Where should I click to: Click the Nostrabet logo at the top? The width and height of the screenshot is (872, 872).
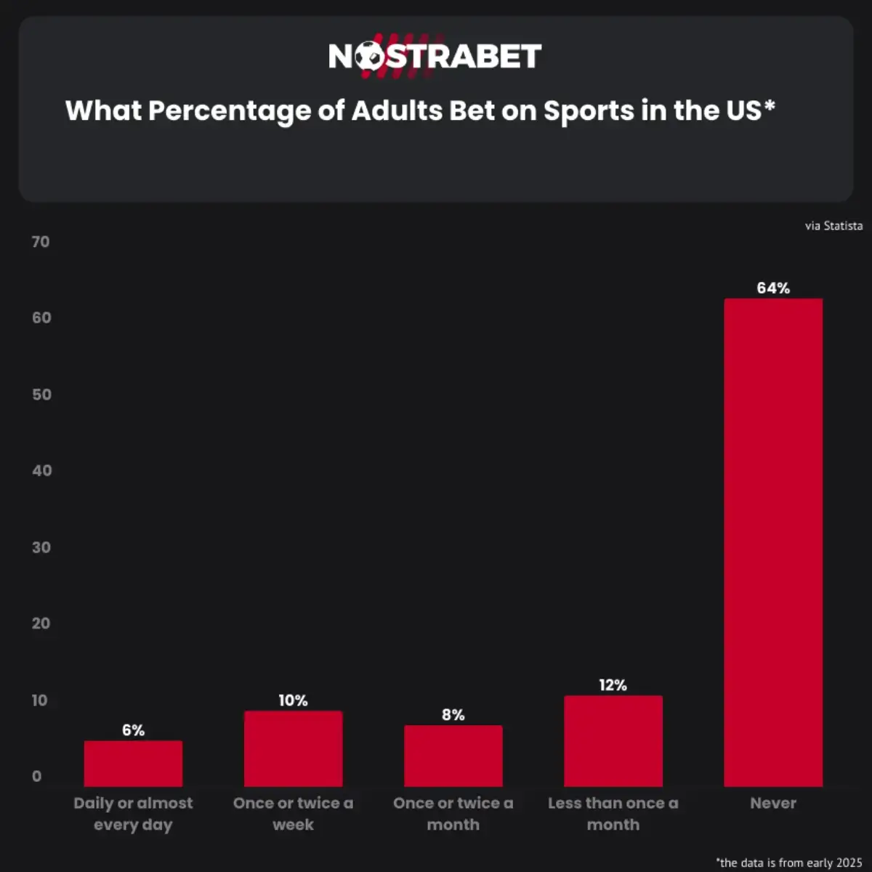435,56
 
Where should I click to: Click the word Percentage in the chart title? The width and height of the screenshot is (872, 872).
230,110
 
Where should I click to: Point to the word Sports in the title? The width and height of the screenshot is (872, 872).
589,111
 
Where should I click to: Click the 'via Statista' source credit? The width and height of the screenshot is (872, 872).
833,226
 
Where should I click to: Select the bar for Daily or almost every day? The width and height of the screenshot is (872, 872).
133,764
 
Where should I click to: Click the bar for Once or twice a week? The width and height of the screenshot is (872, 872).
293,748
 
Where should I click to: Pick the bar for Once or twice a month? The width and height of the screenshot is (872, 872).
453,756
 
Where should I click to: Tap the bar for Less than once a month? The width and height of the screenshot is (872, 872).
613,741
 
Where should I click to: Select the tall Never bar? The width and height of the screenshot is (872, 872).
773,542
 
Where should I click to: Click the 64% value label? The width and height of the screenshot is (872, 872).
773,288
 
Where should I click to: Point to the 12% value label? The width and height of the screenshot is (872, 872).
613,685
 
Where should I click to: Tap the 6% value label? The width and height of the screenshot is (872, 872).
133,730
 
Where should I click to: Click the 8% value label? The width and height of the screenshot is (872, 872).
453,715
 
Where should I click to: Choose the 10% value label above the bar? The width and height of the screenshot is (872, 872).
293,701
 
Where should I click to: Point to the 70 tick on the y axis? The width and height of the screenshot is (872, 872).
41,242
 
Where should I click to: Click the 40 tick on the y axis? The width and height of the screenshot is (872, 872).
41,471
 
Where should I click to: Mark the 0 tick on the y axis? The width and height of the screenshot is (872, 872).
36,776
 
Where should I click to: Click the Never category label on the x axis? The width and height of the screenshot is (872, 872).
773,803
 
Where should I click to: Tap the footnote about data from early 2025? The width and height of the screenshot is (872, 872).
789,863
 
